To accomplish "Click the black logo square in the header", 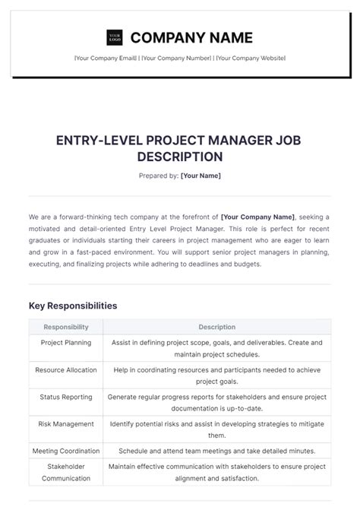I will tap(115, 37).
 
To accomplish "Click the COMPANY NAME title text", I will tap(191, 37).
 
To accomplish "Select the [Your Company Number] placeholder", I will tap(176, 59).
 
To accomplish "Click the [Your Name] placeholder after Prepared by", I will tap(201, 176).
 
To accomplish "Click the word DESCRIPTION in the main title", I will tap(180, 157).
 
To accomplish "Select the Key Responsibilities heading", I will tap(73, 306).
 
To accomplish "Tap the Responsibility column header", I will tap(66, 327).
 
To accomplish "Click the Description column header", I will tap(216, 327).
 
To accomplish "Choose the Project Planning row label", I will tap(66, 343).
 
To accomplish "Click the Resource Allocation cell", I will tap(66, 370).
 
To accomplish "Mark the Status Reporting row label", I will tap(66, 397).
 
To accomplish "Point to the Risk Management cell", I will tap(66, 424).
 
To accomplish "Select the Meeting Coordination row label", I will tap(66, 451).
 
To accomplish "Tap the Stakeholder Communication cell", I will tap(66, 473).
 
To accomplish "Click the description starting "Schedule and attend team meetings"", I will tap(216, 451).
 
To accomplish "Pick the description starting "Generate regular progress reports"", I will tap(216, 403).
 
